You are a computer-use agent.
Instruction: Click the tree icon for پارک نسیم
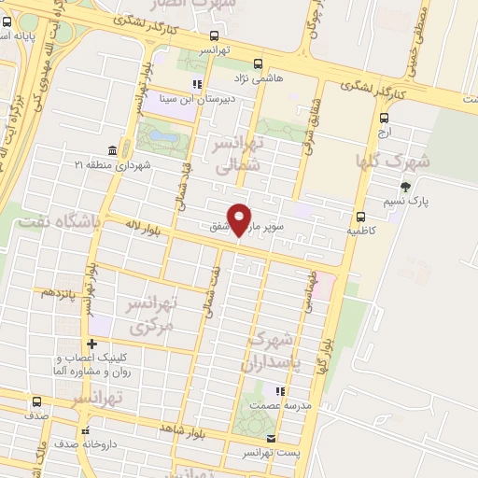pyautogui.click(x=404, y=187)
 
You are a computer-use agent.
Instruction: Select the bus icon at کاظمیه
pyautogui.click(x=360, y=214)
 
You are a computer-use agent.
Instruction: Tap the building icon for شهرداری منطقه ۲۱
pyautogui.click(x=112, y=150)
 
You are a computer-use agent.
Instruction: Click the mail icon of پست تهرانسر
pyautogui.click(x=271, y=438)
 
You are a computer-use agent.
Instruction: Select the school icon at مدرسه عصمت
pyautogui.click(x=277, y=390)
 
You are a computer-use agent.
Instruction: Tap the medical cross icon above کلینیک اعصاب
pyautogui.click(x=91, y=344)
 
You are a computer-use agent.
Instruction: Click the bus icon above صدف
pyautogui.click(x=36, y=402)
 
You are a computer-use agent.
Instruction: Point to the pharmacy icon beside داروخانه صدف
pyautogui.click(x=85, y=431)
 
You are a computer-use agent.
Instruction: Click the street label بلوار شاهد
pyautogui.click(x=194, y=427)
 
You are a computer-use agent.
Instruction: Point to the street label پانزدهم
pyautogui.click(x=58, y=292)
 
